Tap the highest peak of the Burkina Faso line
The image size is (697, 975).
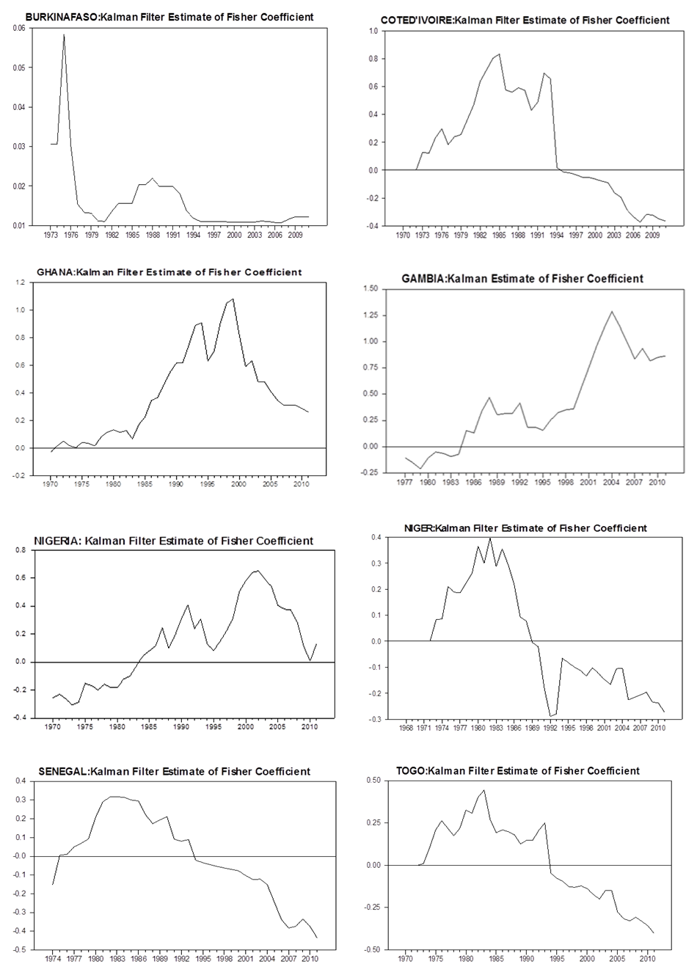64,34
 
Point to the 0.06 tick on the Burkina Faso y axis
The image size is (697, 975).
18,28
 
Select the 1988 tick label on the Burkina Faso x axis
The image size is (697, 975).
153,235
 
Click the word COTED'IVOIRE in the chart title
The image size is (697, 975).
417,21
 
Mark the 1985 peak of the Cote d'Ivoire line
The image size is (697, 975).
500,54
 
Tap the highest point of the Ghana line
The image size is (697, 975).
233,299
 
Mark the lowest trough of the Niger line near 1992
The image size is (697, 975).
550,716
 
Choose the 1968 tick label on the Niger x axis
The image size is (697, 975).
405,729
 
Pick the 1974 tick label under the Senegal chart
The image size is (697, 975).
54,958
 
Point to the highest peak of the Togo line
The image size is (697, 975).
484,790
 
